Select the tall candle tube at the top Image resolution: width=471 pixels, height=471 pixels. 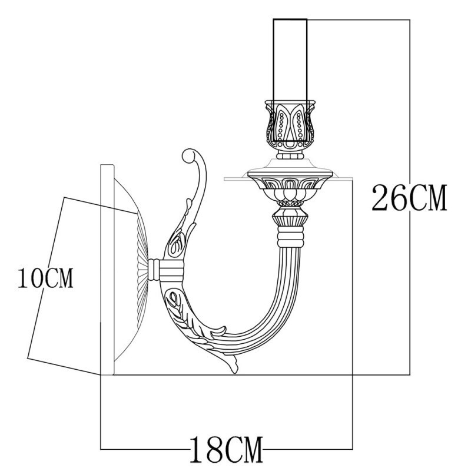(x=290, y=59)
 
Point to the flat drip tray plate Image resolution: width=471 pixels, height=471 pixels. (x=288, y=177)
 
